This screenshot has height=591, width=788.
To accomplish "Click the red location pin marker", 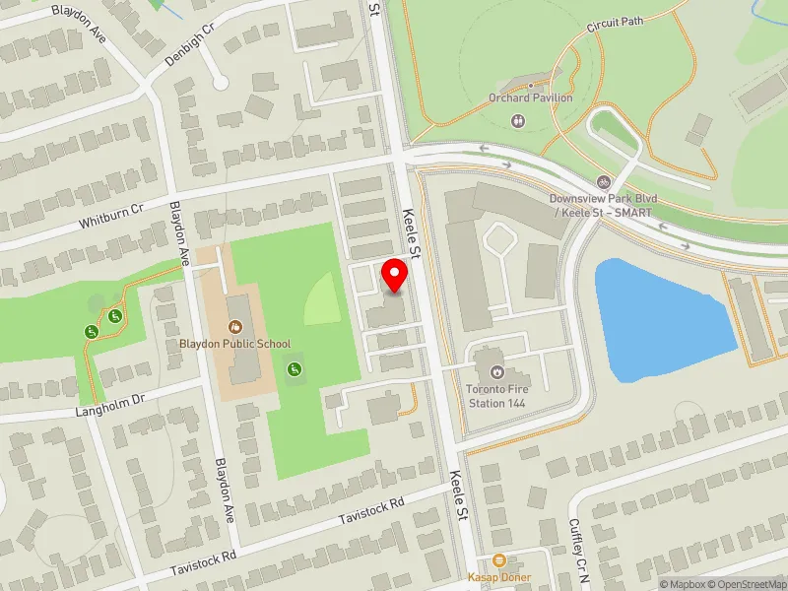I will tap(395, 276).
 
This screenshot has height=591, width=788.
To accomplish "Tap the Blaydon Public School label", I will tap(235, 344).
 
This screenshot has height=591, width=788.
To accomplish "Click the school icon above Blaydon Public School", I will tap(235, 326).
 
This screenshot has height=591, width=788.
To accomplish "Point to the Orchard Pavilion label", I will tap(531, 98).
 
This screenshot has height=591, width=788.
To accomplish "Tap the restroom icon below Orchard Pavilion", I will tap(519, 120).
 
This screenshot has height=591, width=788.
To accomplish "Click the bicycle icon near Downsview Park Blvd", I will tap(604, 181).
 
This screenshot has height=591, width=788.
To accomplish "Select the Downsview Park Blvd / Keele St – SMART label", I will tap(604, 203).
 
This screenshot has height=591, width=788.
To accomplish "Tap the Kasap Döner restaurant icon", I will tap(499, 559).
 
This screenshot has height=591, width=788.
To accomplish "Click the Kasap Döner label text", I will tap(500, 577).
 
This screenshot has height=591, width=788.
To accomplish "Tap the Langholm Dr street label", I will tap(110, 401).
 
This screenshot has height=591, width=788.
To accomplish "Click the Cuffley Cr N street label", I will tap(578, 553).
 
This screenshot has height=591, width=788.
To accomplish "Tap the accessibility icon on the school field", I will tap(293, 368).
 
